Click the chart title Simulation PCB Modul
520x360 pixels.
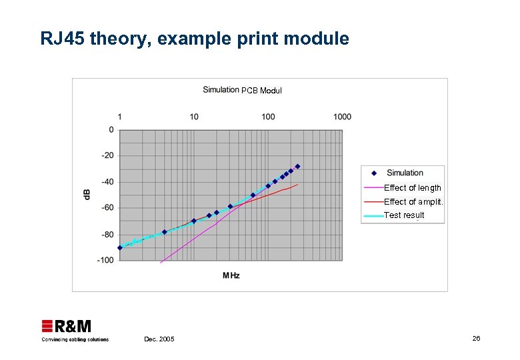click(242, 90)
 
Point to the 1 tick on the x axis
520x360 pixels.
click(120, 117)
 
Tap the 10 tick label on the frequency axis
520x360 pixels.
click(194, 117)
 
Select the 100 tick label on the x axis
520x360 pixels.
click(268, 117)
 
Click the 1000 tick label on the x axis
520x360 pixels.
click(342, 117)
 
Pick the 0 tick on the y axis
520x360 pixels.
click(111, 130)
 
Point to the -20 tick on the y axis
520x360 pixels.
click(107, 155)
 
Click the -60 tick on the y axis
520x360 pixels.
click(107, 207)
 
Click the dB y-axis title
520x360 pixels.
click(87, 194)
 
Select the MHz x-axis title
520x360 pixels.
click(231, 275)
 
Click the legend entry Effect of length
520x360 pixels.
click(412, 188)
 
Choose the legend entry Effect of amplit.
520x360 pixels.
click(413, 201)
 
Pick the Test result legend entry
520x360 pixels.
click(404, 215)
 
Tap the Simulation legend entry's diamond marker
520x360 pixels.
click(374, 173)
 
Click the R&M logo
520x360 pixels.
click(67, 327)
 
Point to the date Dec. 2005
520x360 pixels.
click(159, 339)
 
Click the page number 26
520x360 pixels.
click(476, 339)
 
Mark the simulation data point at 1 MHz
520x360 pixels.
click(120, 247)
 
